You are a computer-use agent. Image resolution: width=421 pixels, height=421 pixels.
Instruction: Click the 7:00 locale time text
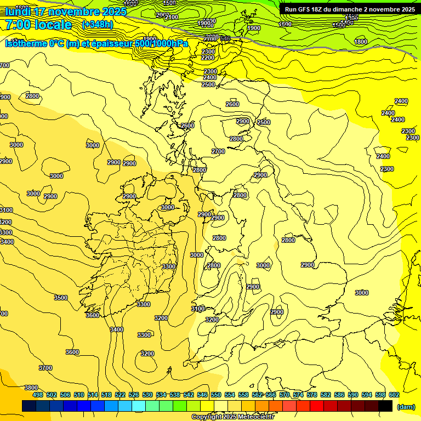point(38,25)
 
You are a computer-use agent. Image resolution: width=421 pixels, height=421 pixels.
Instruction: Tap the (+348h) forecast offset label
point(98,25)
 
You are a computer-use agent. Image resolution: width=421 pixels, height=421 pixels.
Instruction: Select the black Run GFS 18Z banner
point(349,9)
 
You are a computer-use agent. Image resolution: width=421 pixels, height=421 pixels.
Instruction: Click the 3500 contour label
point(61,298)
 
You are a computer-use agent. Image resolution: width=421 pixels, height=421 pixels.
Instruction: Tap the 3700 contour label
point(45,368)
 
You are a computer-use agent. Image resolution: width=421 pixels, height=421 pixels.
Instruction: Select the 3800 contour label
point(31,388)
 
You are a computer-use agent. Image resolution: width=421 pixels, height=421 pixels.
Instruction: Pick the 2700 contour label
point(218,151)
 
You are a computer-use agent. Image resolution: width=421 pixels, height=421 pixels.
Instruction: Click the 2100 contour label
point(171,18)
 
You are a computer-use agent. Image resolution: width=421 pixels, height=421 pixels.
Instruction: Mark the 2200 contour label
point(208,58)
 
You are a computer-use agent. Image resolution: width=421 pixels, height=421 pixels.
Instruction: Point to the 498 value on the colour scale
point(38,395)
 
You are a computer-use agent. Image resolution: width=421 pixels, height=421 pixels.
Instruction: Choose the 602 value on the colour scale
point(394,395)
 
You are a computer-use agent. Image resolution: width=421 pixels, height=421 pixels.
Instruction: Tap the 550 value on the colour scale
point(216,395)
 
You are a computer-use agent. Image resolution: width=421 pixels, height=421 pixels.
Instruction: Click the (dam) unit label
point(405,406)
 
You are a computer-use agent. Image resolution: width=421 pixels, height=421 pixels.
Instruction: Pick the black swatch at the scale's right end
point(385,406)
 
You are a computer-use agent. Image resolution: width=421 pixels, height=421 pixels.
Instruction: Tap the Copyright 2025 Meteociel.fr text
point(232,417)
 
